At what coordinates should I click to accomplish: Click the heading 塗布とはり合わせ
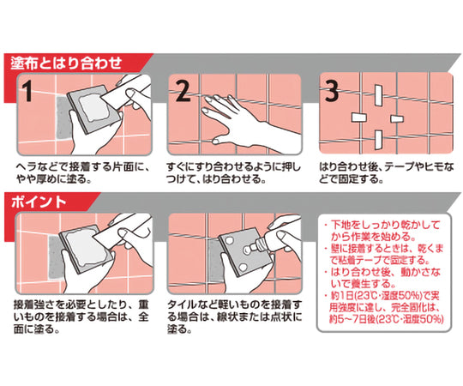pos(66,63)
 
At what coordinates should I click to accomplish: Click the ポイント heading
pos(39,202)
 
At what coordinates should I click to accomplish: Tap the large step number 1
pos(27,91)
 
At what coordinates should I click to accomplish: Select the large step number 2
pos(183,91)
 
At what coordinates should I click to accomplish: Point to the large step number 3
pos(332,91)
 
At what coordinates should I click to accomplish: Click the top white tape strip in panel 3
pos(378,95)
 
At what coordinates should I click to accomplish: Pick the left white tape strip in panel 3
pos(359,118)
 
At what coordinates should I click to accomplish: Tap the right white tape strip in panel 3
pos(397,118)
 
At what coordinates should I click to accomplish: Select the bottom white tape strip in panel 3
pos(378,140)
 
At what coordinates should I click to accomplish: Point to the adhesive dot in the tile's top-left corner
pos(228,241)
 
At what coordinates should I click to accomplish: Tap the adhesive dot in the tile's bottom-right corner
pos(243,268)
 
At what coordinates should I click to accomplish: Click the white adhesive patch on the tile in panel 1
pos(94,108)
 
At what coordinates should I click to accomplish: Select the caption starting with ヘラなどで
pos(83,173)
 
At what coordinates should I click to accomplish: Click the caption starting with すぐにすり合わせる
pos(233,173)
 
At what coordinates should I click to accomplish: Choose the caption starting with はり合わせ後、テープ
pos(386,173)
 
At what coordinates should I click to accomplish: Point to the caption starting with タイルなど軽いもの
pos(235,317)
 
